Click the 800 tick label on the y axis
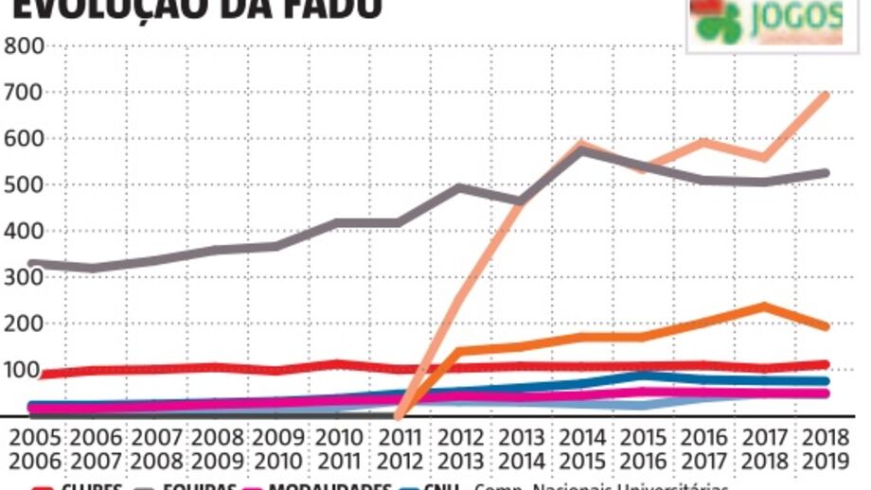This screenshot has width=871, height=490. pyautogui.click(x=26, y=45)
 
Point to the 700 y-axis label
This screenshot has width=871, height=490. pyautogui.click(x=26, y=92)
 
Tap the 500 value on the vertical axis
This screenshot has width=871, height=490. pyautogui.click(x=26, y=184)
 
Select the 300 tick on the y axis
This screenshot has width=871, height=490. pyautogui.click(x=26, y=277)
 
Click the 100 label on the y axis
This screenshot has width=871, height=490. pyautogui.click(x=26, y=370)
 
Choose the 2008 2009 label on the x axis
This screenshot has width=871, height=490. pyautogui.click(x=217, y=451)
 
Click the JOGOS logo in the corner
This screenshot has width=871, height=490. pyautogui.click(x=766, y=23)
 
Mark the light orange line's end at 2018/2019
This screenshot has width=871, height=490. pyautogui.click(x=827, y=94)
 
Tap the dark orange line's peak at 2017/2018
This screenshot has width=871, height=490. pyautogui.click(x=763, y=306)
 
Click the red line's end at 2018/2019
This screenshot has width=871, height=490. pyautogui.click(x=827, y=364)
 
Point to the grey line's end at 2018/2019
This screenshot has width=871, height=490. pyautogui.click(x=827, y=173)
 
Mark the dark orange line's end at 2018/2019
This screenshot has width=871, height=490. pyautogui.click(x=827, y=326)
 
